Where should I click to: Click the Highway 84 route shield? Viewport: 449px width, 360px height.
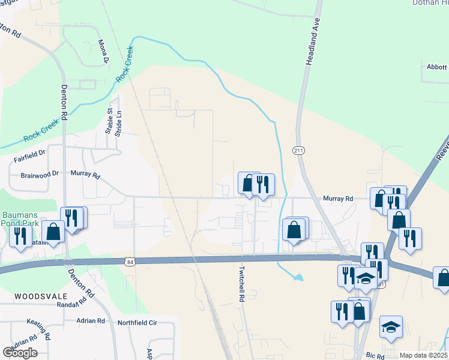point(130,261)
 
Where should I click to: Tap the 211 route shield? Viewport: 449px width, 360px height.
point(298,149)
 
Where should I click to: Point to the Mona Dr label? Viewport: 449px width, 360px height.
point(104,52)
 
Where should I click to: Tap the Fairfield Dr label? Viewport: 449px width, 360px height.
point(29,157)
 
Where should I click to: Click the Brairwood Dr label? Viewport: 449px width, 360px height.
point(40,173)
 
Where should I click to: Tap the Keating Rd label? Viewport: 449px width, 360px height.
point(40,328)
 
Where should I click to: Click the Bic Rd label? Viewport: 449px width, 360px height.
point(375,356)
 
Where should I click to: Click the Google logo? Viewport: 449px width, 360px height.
point(20,352)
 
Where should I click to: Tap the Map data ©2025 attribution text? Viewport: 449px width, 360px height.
point(423,355)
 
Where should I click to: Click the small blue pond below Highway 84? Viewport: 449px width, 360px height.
point(296,278)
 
